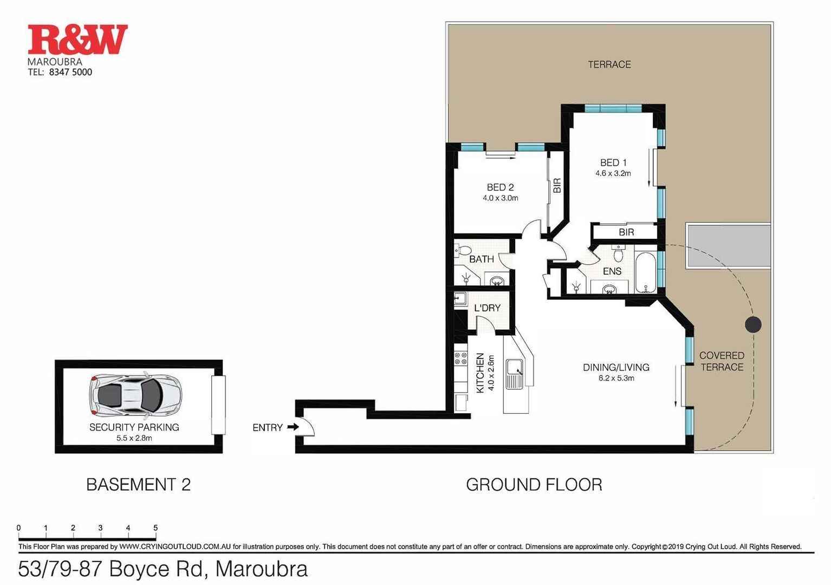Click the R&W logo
[77, 40]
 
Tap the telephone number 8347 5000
[70, 72]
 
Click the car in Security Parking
[135, 392]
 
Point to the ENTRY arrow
[293, 427]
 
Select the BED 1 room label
[613, 162]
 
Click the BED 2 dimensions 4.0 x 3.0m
[500, 198]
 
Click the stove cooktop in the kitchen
[460, 358]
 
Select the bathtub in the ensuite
[645, 272]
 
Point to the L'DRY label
[487, 308]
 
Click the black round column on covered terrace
[752, 324]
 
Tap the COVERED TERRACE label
[722, 361]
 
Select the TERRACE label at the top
[609, 64]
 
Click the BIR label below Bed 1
[626, 232]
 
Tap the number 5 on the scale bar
[155, 528]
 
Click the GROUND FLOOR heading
[534, 485]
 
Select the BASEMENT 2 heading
[138, 485]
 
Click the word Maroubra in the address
[261, 569]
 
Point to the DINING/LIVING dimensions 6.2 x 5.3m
[616, 379]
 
